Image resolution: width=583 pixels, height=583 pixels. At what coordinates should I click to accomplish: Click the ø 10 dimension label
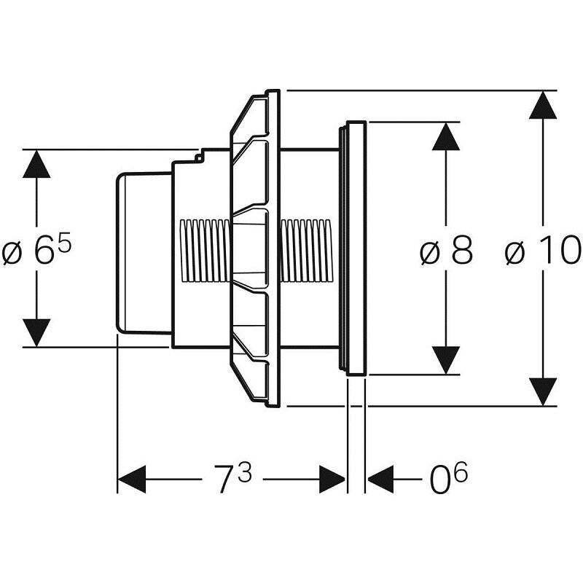tap(543, 252)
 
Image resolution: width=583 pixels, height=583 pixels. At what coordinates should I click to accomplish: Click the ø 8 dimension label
tap(446, 252)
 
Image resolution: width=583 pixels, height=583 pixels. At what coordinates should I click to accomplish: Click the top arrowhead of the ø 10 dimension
tap(543, 106)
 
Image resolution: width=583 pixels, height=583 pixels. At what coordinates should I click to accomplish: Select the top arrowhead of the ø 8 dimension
tap(446, 136)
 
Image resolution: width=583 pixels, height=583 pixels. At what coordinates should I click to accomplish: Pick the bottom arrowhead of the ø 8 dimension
tap(446, 361)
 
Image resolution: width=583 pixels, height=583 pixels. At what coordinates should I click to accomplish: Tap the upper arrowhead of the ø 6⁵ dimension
tap(36, 164)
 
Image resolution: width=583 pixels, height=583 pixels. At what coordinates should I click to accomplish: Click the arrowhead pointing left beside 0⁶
tap(380, 480)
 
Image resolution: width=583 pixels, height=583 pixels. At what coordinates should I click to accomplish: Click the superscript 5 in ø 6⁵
tap(64, 241)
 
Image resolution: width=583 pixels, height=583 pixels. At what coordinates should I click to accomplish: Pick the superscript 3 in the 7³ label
tap(244, 472)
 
